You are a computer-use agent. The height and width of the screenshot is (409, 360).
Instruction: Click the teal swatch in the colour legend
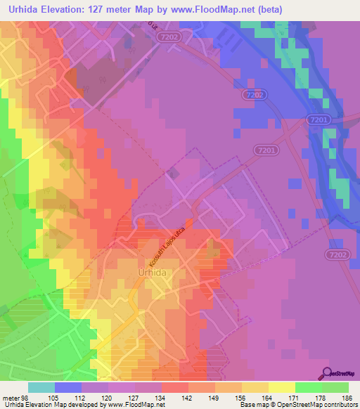[41, 387]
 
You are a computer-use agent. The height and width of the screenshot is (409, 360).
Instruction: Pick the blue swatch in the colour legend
[68, 387]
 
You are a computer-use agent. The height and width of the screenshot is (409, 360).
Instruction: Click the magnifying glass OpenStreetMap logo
[327, 372]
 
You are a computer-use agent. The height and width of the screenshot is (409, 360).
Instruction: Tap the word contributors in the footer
[336, 404]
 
